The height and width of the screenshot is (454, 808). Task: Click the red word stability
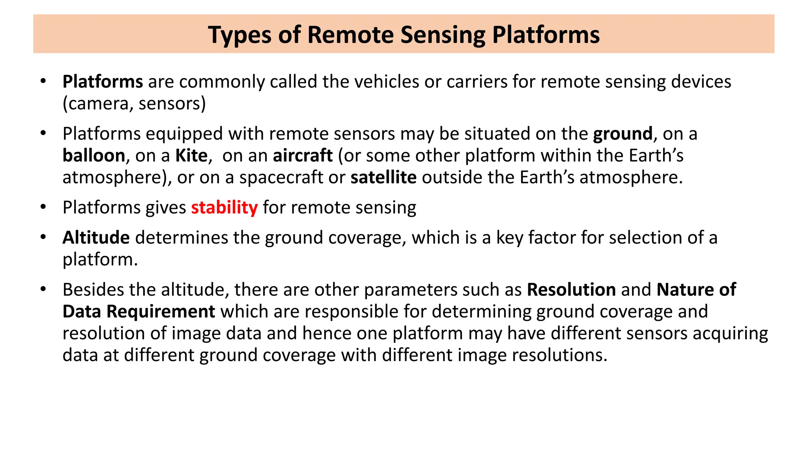[x=224, y=208]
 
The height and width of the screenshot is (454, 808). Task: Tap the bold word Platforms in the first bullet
[x=103, y=82]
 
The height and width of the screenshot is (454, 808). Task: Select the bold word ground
[x=623, y=134]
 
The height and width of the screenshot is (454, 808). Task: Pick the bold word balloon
[x=94, y=156]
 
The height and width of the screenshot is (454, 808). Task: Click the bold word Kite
[x=191, y=156]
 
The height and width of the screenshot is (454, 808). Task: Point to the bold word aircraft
[x=303, y=156]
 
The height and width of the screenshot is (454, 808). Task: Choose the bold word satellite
[x=383, y=178]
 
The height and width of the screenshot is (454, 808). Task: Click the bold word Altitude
[x=96, y=238]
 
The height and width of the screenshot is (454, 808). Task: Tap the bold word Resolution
[x=571, y=290]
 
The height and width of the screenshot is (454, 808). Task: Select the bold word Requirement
[x=161, y=312]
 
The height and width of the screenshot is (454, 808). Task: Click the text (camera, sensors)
[x=134, y=104]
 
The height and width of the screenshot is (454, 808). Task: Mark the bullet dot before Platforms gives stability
[x=43, y=207]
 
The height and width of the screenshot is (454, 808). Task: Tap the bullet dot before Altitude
[x=43, y=237]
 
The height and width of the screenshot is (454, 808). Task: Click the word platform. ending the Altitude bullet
[x=100, y=260]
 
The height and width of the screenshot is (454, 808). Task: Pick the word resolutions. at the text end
[x=559, y=355]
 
